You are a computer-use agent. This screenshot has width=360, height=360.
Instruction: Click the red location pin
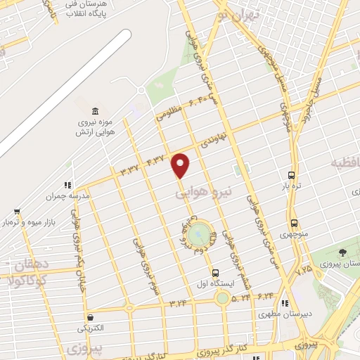click(x=181, y=165)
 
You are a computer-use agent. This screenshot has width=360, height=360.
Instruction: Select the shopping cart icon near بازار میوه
click(x=16, y=211)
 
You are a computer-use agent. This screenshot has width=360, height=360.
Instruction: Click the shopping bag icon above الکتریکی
click(x=90, y=317)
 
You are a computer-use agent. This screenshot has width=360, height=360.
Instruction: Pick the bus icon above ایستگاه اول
click(x=215, y=273)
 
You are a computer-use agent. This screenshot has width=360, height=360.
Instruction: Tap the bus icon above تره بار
click(x=291, y=175)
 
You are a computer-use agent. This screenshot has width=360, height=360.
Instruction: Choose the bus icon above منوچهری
click(x=295, y=224)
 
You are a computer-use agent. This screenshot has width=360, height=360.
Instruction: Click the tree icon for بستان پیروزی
click(x=342, y=252)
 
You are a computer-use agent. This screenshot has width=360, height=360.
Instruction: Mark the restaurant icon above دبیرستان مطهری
click(x=285, y=304)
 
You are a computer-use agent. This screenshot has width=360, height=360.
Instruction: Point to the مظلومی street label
click(x=170, y=114)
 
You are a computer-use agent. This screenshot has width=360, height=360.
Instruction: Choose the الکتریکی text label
click(x=91, y=328)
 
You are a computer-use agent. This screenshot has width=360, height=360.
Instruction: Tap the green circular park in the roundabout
click(x=198, y=230)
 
